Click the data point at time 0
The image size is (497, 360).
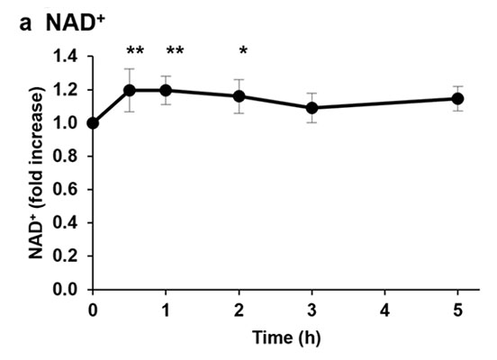93,123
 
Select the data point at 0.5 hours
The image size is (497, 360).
130,90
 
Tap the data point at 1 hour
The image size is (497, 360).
166,90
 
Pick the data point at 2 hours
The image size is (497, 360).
239,96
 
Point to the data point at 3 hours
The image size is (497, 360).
312,108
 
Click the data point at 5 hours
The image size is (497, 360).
458,99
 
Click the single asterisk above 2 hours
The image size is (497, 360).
243,50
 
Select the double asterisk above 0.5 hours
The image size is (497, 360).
135,50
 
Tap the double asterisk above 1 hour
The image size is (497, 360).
175,50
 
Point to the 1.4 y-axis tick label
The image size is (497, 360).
66,57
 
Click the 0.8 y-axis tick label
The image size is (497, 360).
66,157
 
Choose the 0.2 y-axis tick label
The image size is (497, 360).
66,256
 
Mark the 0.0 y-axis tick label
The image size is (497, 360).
66,289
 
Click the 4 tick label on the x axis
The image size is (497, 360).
384,310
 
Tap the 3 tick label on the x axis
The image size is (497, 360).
312,310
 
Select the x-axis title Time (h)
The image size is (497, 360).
286,337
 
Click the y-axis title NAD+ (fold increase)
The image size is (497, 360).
36,172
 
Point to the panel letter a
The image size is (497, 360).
25,23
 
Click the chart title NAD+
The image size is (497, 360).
76,22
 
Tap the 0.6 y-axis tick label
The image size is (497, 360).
66,190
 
